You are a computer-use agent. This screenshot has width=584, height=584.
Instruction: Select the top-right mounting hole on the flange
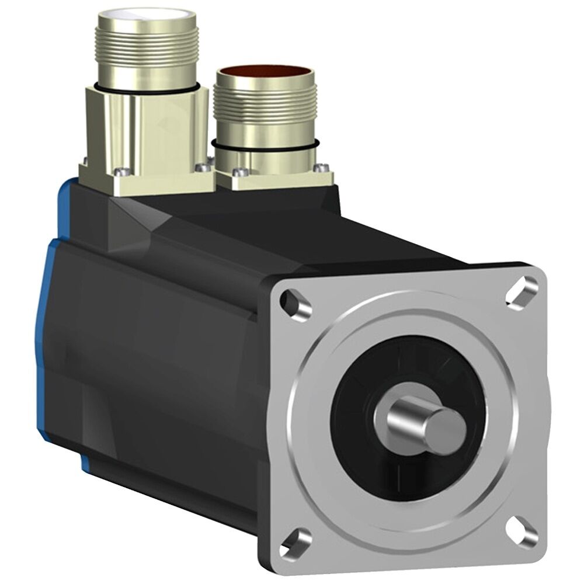[522, 290]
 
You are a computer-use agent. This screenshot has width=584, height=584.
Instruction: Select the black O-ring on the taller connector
[146, 89]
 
